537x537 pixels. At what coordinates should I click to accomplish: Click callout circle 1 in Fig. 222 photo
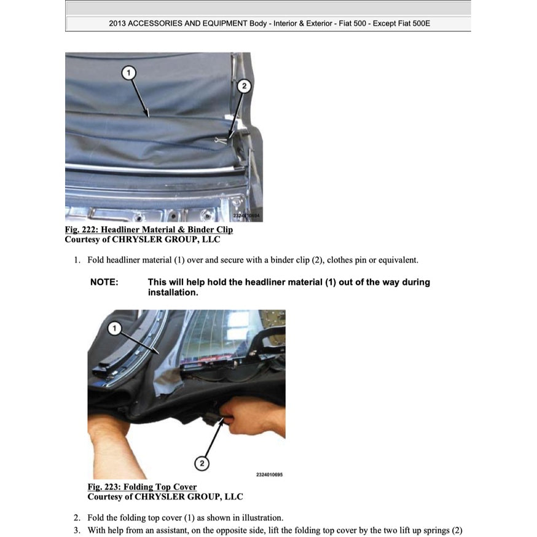(128, 73)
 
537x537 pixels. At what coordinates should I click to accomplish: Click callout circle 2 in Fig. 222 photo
(243, 87)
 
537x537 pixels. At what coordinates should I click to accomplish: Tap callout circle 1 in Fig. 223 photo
(114, 329)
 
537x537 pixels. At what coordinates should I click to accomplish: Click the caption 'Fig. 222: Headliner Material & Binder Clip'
(149, 230)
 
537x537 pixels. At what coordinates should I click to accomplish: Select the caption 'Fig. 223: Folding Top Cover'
(142, 487)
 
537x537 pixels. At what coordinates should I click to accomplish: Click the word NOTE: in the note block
(104, 282)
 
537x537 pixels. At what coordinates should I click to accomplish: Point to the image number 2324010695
(269, 474)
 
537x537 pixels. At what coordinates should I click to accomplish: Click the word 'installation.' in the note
(173, 292)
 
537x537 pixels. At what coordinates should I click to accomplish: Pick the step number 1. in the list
(77, 260)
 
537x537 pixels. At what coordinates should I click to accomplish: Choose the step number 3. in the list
(77, 530)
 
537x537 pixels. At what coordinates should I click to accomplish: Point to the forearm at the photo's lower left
(114, 455)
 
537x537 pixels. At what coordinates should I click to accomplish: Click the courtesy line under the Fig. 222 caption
(143, 240)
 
